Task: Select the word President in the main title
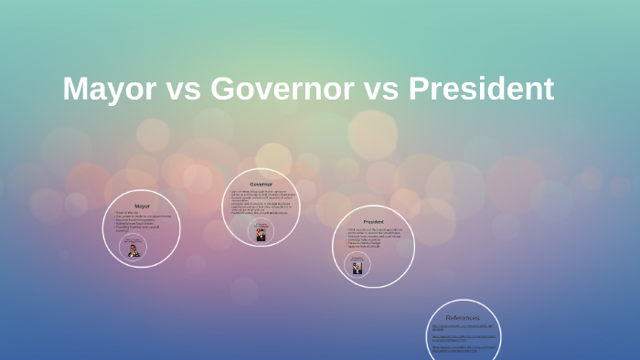pyautogui.click(x=481, y=89)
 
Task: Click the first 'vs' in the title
pyautogui.click(x=180, y=89)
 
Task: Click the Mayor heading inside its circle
pyautogui.click(x=142, y=206)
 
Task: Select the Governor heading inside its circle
pyautogui.click(x=261, y=185)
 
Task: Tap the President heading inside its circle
pyautogui.click(x=373, y=222)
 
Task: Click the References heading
pyautogui.click(x=464, y=317)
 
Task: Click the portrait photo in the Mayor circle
pyautogui.click(x=134, y=250)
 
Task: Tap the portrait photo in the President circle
pyautogui.click(x=357, y=268)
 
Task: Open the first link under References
pyautogui.click(x=464, y=327)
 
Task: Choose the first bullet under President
pyautogui.click(x=375, y=228)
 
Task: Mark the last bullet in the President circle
pyautogui.click(x=367, y=247)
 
